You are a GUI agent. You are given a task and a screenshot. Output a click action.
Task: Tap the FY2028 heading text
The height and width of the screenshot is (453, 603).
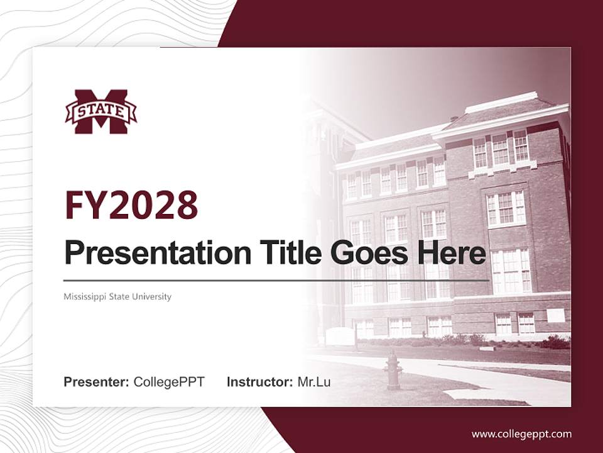131,204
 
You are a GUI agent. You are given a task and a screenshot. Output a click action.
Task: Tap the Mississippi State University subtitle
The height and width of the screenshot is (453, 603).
117,296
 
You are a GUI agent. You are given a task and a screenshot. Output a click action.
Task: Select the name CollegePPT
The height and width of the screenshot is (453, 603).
169,381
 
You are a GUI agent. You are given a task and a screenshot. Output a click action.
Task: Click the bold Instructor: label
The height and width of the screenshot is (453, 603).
260,381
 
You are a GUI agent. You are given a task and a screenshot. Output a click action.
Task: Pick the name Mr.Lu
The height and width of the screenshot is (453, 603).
314,381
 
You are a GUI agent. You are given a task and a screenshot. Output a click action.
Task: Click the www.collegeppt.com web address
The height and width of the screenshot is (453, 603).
521,433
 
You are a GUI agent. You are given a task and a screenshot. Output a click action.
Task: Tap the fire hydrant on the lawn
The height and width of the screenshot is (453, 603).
393,371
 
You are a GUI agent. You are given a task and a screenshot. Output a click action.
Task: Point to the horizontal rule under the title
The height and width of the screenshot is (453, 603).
276,280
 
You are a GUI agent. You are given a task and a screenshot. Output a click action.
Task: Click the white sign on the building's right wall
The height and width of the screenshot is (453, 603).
555,315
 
